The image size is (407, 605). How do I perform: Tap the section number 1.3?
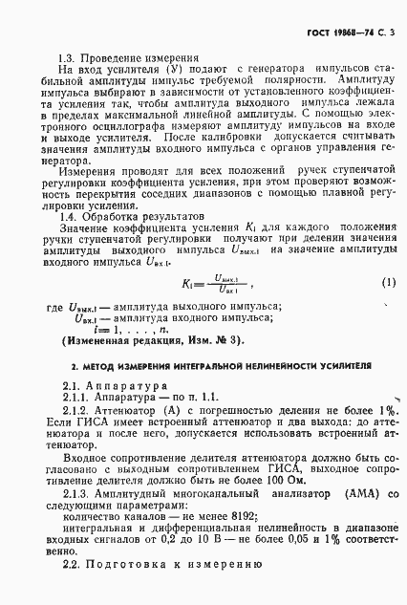click(x=67, y=57)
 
